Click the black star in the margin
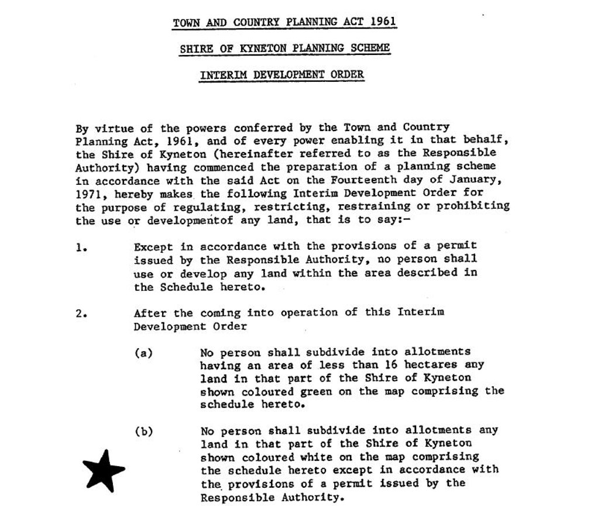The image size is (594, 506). click(103, 470)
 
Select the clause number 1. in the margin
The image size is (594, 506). click(81, 246)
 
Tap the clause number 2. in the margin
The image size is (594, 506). click(81, 312)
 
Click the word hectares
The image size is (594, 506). click(434, 365)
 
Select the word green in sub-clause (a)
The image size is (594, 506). click(322, 391)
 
